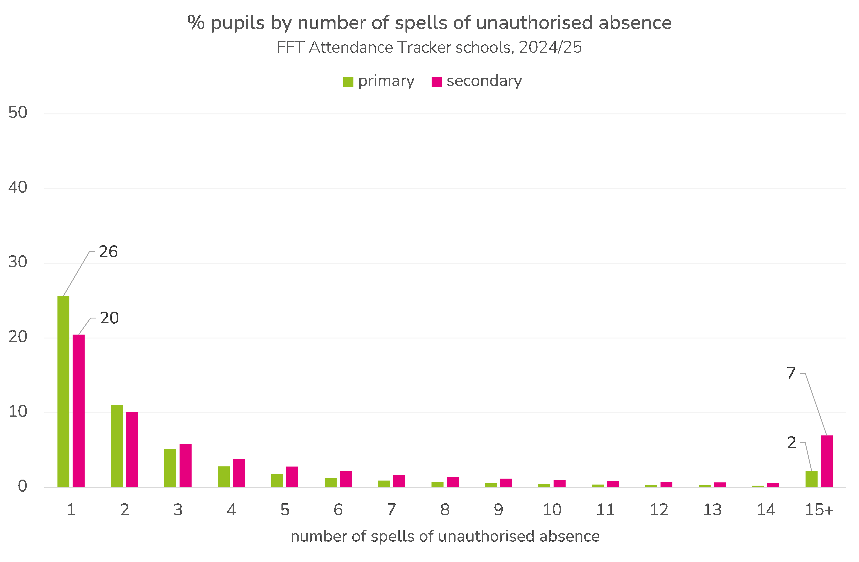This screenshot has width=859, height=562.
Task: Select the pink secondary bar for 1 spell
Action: (x=79, y=411)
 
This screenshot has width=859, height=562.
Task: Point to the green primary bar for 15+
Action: (x=811, y=479)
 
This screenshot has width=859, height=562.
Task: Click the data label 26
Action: (x=108, y=252)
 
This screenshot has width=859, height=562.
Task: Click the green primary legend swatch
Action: (x=348, y=82)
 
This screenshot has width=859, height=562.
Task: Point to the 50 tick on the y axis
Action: (x=18, y=113)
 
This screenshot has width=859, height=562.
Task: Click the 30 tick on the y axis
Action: (x=18, y=262)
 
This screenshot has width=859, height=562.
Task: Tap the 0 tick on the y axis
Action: (x=22, y=486)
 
